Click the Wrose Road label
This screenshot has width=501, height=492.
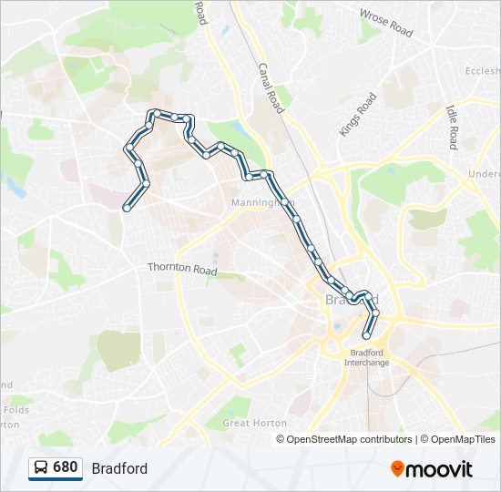tap(386, 24)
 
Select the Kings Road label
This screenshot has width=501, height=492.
tap(358, 115)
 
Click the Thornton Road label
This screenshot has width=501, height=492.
tap(182, 270)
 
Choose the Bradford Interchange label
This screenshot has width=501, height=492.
tap(366, 357)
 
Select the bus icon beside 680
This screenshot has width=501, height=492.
tap(41, 468)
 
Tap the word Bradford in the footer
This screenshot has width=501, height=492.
tap(119, 468)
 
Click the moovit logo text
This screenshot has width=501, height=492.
tap(440, 469)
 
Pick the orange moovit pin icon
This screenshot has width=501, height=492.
tap(397, 468)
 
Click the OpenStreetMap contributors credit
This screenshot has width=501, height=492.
tap(349, 439)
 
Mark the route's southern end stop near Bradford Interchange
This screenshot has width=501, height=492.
tap(367, 335)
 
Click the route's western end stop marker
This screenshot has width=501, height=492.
tap(125, 207)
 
